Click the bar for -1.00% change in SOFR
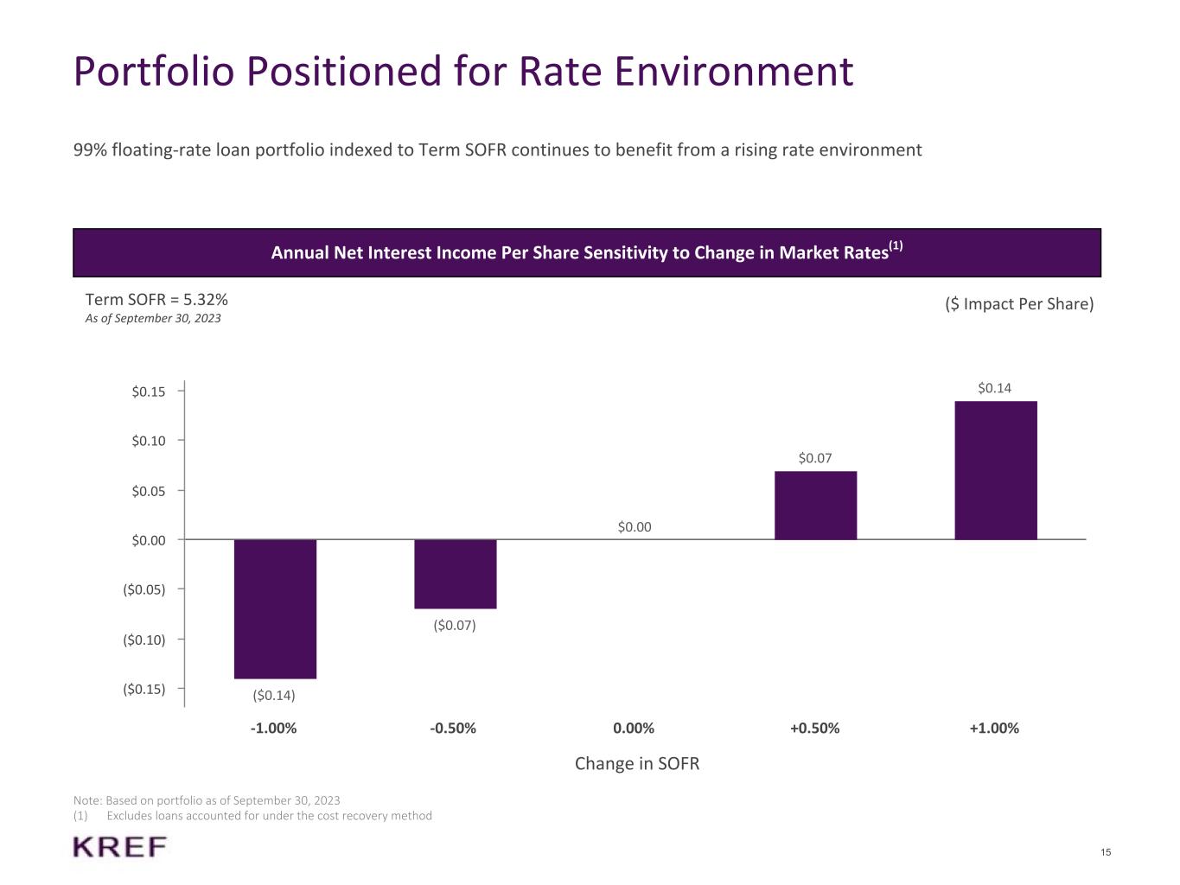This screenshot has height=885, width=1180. click(275, 608)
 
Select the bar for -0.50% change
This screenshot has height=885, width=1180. click(455, 574)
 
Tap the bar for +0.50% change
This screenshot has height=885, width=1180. click(815, 506)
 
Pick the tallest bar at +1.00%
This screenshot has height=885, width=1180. click(995, 470)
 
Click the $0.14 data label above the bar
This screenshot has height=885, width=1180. click(994, 388)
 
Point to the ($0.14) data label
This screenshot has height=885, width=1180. click(274, 695)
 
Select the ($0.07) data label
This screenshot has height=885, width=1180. click(455, 625)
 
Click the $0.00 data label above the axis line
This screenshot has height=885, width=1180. click(635, 527)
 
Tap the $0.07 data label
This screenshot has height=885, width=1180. click(814, 458)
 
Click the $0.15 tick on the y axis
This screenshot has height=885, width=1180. click(148, 392)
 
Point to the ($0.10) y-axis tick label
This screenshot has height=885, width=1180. click(144, 640)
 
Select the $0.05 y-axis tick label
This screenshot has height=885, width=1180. click(148, 491)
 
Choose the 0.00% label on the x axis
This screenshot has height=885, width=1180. click(634, 728)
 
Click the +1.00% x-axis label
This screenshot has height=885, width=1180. click(994, 728)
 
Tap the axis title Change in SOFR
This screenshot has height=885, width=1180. click(637, 764)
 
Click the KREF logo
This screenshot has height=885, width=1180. click(120, 847)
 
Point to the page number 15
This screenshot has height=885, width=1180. click(1106, 853)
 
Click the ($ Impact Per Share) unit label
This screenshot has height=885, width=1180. click(1019, 303)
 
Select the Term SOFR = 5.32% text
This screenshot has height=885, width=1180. click(156, 300)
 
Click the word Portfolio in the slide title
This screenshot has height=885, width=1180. click(154, 71)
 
